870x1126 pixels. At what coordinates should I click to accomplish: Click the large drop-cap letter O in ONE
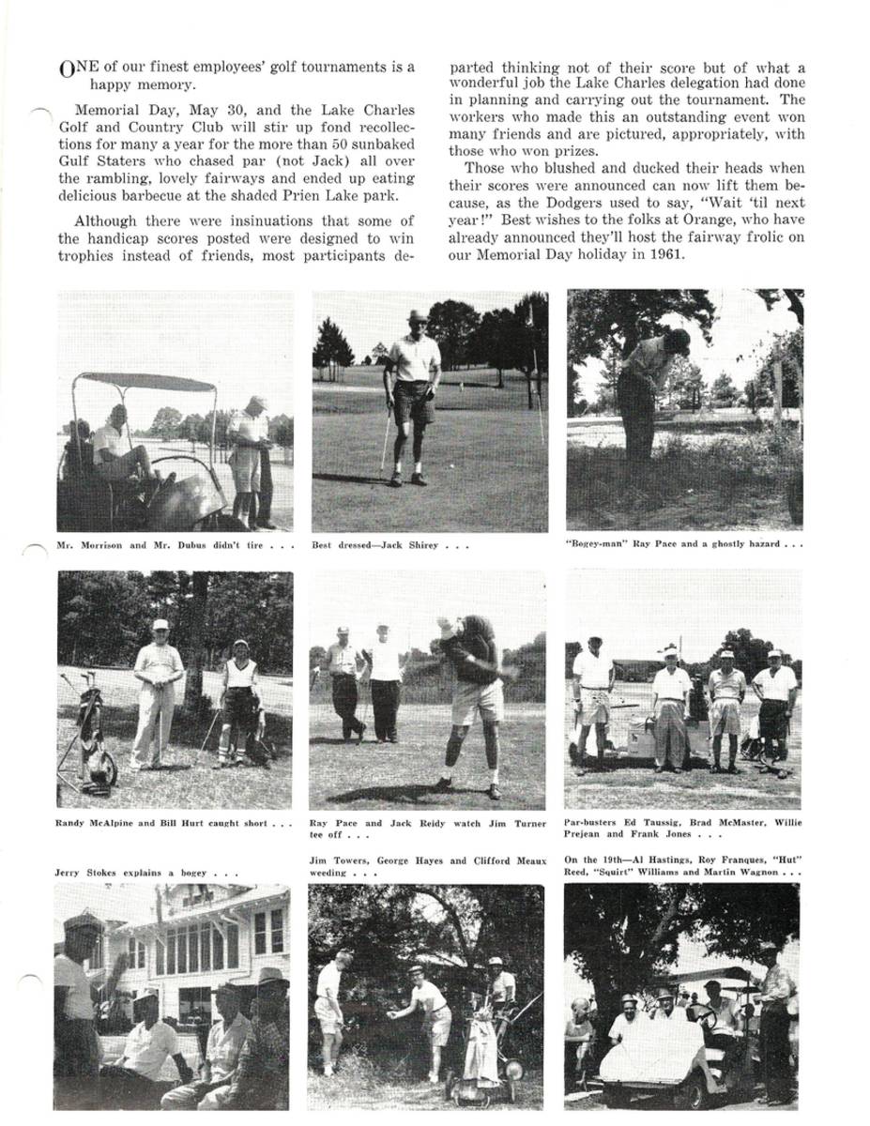[65, 68]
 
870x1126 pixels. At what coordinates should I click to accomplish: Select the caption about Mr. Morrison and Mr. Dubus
[176, 545]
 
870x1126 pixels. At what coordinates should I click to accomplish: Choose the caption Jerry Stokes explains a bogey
[145, 873]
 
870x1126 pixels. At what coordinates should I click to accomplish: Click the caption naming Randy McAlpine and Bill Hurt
[175, 824]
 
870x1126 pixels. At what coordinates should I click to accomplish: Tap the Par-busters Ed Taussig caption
[683, 828]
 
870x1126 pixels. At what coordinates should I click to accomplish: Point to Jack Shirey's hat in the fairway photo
[417, 317]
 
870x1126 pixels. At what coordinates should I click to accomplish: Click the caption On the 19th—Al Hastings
[682, 866]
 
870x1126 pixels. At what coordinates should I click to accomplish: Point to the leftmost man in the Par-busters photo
[592, 694]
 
